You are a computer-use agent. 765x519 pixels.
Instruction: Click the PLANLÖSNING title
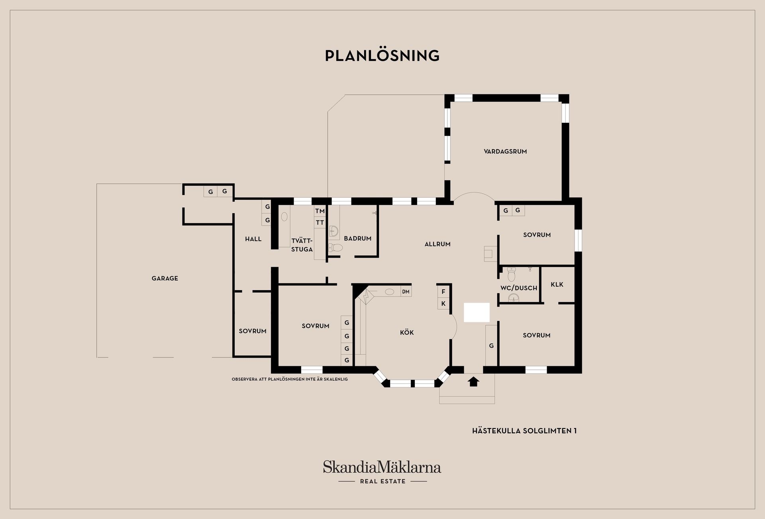[382, 56]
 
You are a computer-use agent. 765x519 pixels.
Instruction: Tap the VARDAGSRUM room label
[505, 151]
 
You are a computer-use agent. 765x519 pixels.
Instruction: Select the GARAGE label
[165, 278]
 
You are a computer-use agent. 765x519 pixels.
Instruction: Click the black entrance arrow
[473, 381]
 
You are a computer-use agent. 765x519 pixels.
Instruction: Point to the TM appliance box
[320, 211]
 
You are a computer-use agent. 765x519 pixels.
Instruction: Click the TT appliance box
[320, 222]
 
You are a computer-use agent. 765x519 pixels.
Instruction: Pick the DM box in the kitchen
[406, 292]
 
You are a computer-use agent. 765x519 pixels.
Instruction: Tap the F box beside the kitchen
[443, 292]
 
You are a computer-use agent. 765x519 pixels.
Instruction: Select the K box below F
[443, 303]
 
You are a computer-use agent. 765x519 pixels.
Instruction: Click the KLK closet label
[557, 284]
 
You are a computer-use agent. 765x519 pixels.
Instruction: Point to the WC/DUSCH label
[519, 288]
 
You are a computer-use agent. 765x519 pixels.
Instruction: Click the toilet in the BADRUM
[336, 248]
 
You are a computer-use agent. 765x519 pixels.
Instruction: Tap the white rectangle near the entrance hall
[477, 312]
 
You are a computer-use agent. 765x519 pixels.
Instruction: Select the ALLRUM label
[437, 244]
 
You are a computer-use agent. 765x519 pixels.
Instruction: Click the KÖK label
[407, 332]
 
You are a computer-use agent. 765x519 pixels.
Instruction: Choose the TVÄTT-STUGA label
[302, 245]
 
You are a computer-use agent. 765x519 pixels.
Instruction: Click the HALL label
[253, 239]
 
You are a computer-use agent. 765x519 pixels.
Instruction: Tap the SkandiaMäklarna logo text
[382, 467]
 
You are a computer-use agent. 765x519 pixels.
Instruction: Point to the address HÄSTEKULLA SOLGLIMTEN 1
[524, 431]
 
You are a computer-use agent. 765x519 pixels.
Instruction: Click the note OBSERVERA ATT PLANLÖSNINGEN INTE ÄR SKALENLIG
[290, 379]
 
